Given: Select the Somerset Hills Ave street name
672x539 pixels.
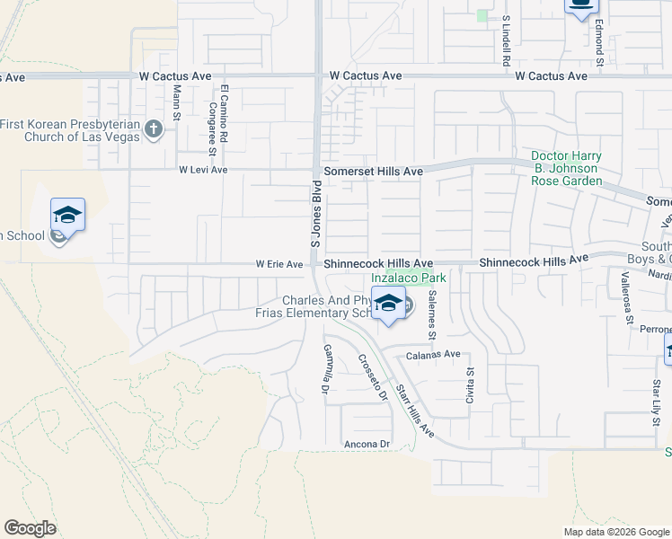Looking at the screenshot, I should coord(367,171).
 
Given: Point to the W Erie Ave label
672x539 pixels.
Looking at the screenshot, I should coord(279,264).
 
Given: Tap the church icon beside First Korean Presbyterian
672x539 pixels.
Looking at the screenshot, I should coord(154,129).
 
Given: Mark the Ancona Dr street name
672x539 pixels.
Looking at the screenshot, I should coord(368,444).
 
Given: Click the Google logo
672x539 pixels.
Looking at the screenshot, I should coord(30,528).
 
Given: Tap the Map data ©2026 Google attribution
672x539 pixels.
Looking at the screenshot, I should coord(615,532).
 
